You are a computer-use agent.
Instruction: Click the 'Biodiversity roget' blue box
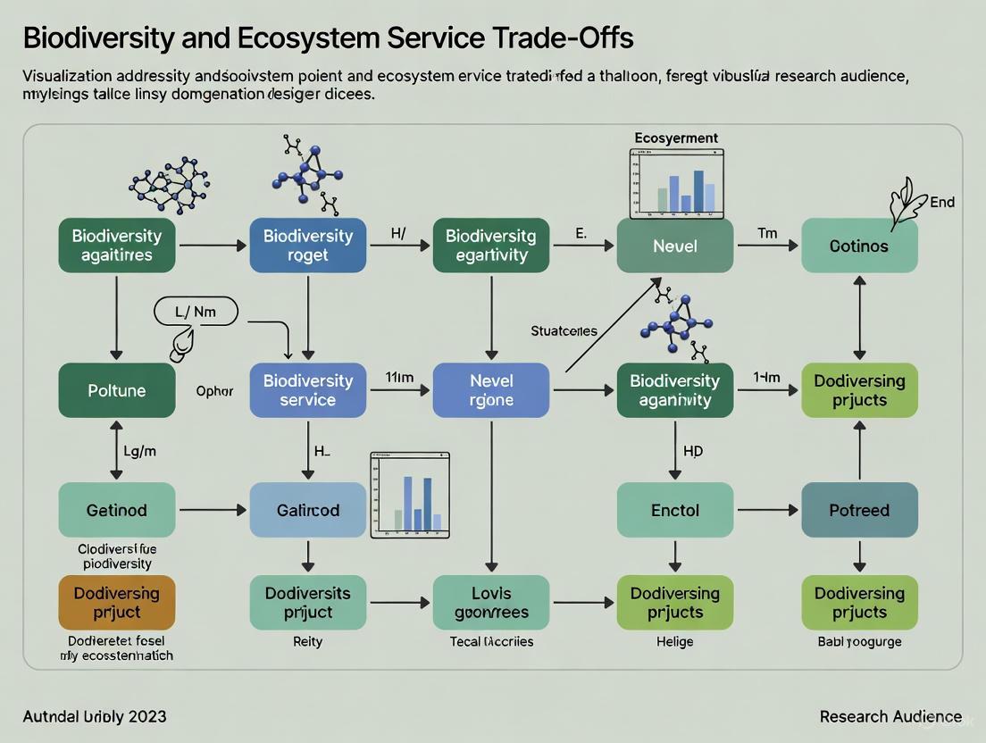pos(307,246)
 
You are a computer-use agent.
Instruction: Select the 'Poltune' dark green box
pos(117,390)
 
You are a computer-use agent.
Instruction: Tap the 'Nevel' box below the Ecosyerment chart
pos(674,246)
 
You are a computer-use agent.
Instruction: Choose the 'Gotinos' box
pos(859,246)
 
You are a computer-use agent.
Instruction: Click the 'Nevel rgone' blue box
pos(490,390)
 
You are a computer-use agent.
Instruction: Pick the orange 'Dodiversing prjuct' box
pos(117,603)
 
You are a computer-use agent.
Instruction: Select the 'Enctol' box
pos(674,510)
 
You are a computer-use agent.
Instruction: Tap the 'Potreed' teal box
pos(859,510)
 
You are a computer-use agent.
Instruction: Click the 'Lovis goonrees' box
pos(490,603)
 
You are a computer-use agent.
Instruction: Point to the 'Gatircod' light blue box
pos(307,510)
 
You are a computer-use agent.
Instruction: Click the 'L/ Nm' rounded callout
pos(196,312)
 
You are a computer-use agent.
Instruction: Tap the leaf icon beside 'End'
pos(906,205)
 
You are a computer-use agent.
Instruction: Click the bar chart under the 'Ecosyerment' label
pos(676,184)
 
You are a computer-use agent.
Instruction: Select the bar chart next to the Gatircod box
pos(409,495)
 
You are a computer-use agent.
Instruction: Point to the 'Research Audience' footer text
pos(890,716)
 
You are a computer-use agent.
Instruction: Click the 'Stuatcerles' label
pos(564,331)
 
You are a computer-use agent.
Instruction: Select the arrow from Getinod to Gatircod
pos(213,510)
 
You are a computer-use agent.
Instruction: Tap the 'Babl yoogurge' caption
pos(859,641)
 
